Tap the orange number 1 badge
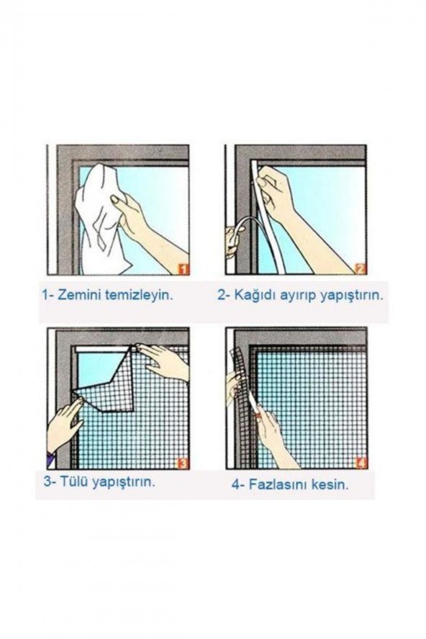pos(183,269)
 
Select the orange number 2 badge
pos(361,269)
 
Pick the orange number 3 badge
pos(183,463)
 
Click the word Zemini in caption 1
pos(82,295)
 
